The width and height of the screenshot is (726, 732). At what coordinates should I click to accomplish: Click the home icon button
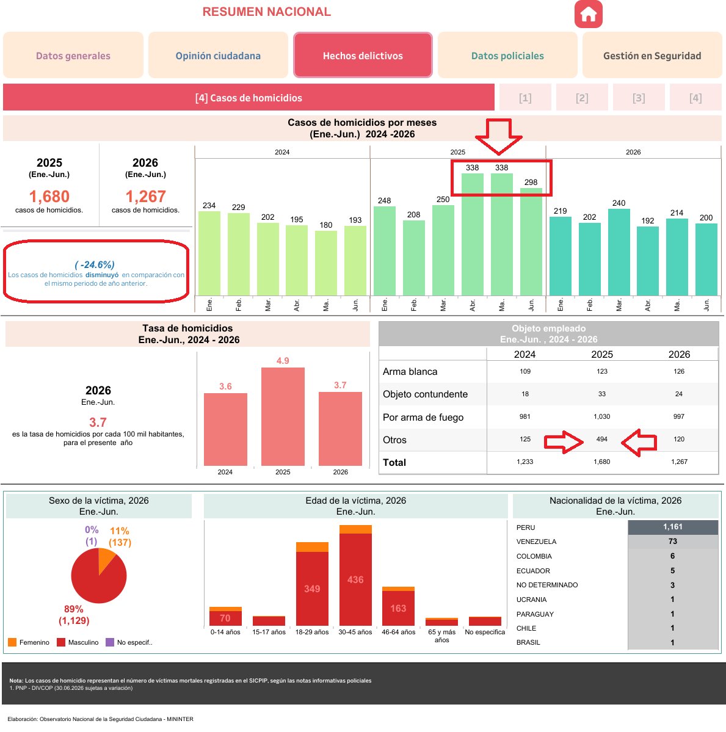(588, 14)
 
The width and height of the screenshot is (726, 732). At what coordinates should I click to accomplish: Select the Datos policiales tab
(507, 55)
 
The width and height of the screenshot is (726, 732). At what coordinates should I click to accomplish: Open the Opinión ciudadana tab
(218, 55)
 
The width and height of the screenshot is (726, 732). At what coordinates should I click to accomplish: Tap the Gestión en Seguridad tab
(652, 55)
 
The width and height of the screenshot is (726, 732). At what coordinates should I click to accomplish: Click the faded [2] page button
(582, 98)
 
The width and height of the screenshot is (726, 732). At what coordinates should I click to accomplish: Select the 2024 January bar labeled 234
(209, 253)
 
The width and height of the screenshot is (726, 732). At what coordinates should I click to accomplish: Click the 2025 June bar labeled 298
(531, 242)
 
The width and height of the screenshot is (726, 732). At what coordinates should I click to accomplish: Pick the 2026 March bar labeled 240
(619, 252)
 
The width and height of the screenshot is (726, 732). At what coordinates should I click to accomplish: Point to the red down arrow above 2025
(498, 136)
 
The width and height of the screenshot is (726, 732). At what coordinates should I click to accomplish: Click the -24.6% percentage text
(95, 265)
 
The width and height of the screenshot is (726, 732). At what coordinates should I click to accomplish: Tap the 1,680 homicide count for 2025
(49, 197)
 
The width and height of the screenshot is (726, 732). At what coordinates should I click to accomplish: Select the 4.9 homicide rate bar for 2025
(283, 416)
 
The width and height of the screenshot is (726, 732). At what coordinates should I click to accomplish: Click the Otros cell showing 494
(602, 440)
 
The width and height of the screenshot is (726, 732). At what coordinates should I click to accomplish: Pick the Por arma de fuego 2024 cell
(525, 416)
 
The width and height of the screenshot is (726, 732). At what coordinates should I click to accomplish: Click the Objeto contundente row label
(425, 394)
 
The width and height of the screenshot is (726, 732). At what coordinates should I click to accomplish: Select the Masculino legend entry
(78, 642)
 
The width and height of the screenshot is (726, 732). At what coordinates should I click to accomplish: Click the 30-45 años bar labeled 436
(355, 579)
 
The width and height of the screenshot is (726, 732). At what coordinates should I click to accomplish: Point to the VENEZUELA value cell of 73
(673, 542)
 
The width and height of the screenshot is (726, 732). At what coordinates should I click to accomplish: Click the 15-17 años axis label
(269, 632)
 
